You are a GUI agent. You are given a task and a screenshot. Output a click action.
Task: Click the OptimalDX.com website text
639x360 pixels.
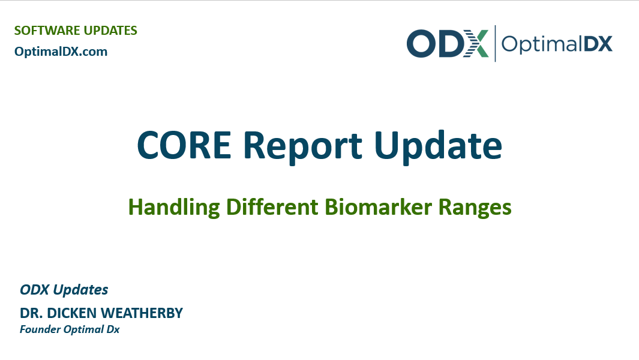pyautogui.click(x=61, y=52)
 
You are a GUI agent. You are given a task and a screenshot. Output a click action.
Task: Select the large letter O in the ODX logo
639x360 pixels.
pyautogui.click(x=421, y=44)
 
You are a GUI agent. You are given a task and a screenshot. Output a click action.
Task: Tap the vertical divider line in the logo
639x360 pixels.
pyautogui.click(x=495, y=43)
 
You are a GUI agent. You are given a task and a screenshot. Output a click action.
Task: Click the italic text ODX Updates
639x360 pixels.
pyautogui.click(x=64, y=290)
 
